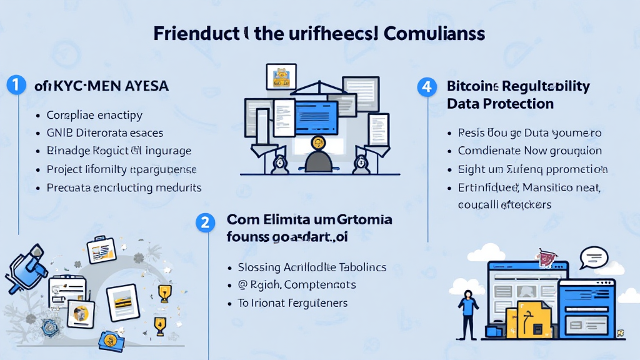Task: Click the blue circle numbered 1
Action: click(x=16, y=86)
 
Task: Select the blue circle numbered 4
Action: click(x=427, y=86)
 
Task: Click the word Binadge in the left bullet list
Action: click(x=67, y=151)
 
